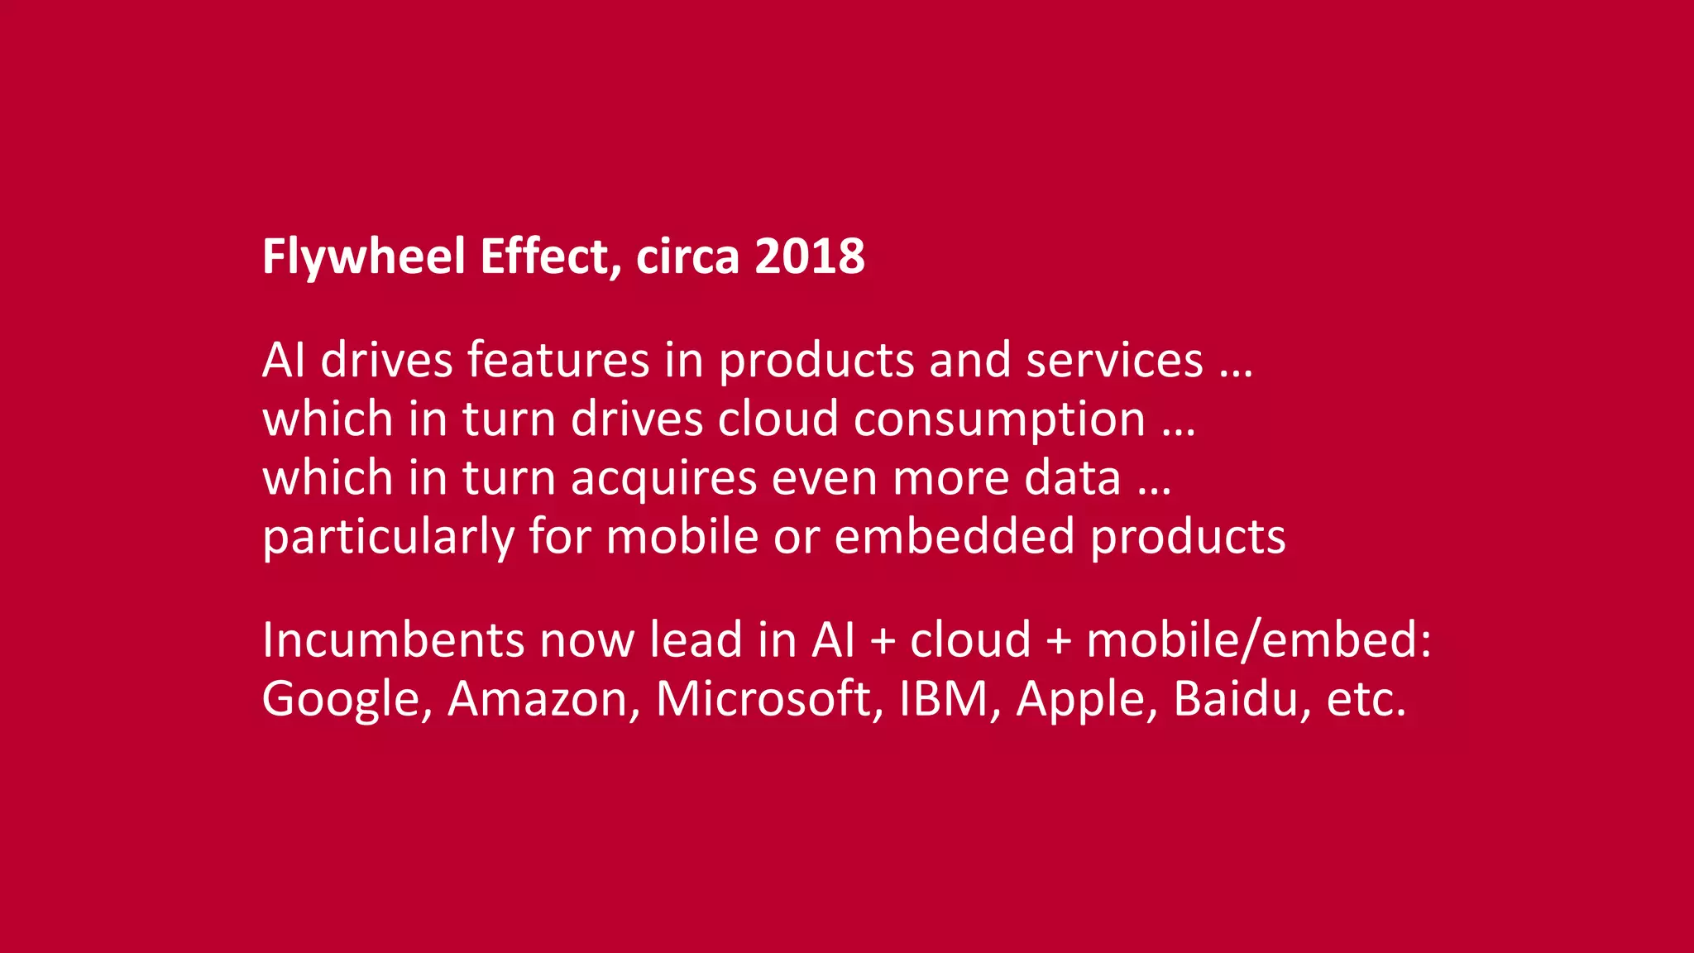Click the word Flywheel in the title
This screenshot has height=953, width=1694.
coord(364,256)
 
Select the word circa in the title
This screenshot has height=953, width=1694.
coord(687,256)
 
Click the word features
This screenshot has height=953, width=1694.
coord(558,361)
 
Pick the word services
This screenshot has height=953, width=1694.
coord(1114,361)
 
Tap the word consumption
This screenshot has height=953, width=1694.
coord(999,419)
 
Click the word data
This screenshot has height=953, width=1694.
coord(1072,478)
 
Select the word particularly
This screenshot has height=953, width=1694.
coord(388,537)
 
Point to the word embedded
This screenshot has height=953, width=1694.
coord(955,537)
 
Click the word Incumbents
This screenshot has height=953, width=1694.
coord(393,640)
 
